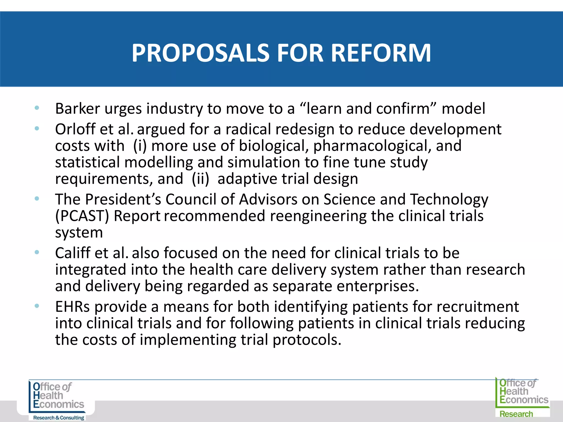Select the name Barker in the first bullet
tap(77, 109)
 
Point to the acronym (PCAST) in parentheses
tap(82, 216)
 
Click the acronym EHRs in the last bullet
tap(72, 307)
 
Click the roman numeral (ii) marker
tap(200, 179)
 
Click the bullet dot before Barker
tap(37, 108)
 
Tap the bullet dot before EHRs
tap(37, 306)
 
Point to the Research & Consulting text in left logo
tap(59, 418)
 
